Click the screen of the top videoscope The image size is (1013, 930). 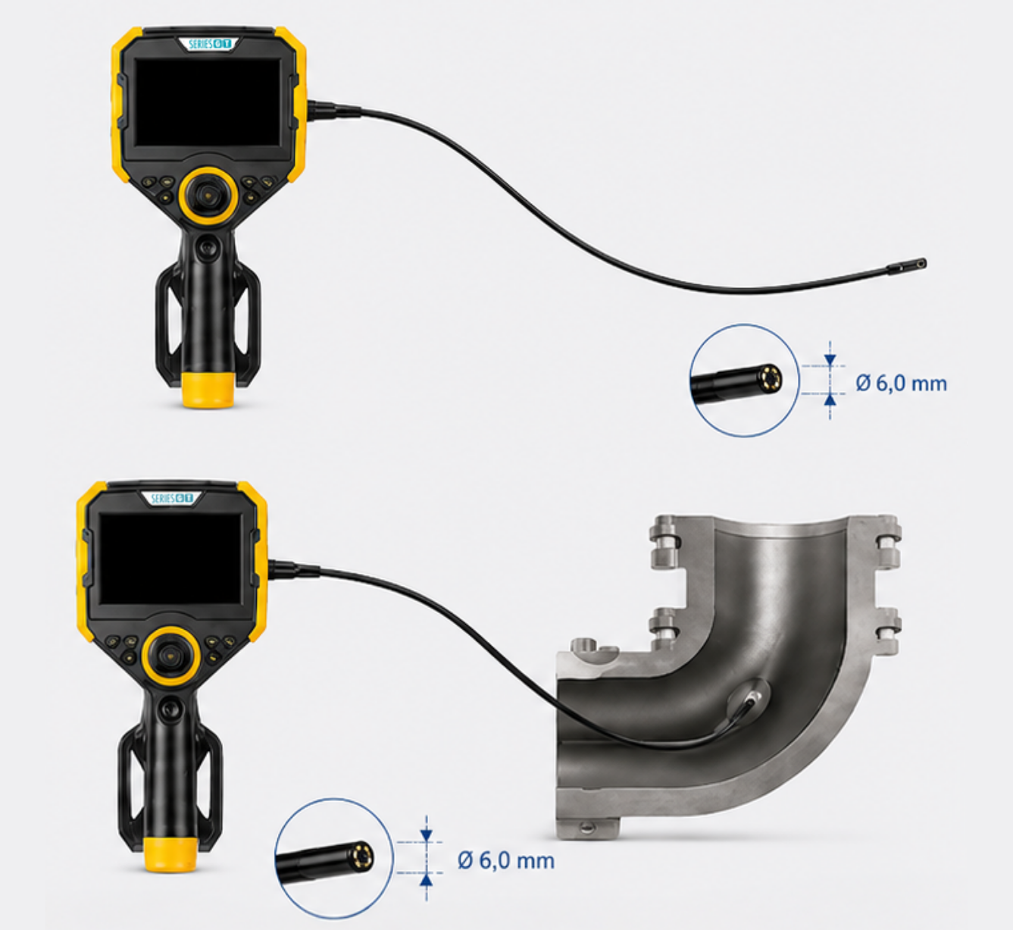click(208, 102)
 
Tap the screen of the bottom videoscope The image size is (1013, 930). click(170, 559)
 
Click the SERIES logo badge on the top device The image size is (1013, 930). click(208, 44)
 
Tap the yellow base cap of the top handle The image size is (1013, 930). click(208, 390)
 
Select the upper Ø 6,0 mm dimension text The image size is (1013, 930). click(901, 384)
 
